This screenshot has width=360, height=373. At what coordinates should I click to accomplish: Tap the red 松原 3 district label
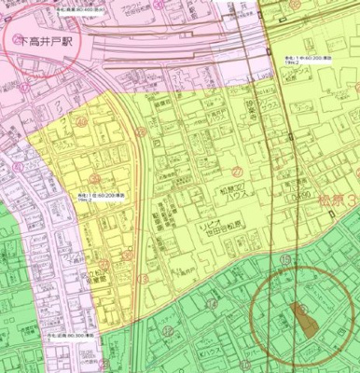point(336,200)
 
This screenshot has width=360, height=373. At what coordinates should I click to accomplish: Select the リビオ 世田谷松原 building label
point(225,232)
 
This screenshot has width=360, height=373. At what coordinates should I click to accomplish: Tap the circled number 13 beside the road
point(142,276)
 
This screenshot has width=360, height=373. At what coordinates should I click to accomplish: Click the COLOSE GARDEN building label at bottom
point(65,359)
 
